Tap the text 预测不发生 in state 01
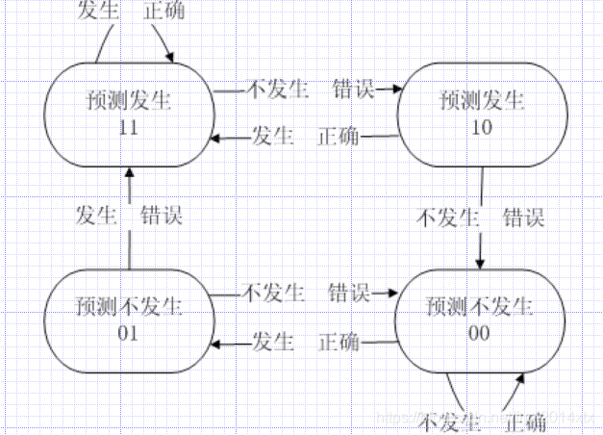click(x=128, y=309)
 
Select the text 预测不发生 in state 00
click(x=478, y=309)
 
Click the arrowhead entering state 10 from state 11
click(x=392, y=89)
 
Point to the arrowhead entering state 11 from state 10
click(x=216, y=138)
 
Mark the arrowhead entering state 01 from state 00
click(x=216, y=342)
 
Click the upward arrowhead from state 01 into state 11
click(x=128, y=172)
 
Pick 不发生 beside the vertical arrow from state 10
click(x=446, y=217)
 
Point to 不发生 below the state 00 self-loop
click(x=449, y=422)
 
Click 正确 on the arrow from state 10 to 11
click(x=338, y=137)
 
